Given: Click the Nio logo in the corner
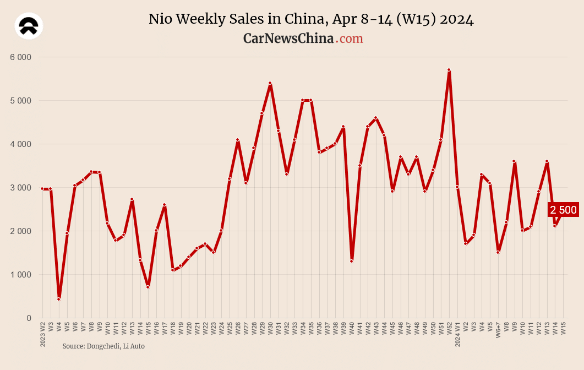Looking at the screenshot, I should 29,26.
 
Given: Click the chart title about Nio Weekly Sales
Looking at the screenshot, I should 311,19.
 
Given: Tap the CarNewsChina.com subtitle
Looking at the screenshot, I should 303,39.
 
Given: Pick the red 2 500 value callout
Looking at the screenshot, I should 563,210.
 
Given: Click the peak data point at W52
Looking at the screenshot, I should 449,70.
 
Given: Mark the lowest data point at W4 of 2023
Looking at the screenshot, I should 58,299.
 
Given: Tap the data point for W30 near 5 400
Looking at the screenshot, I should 270,83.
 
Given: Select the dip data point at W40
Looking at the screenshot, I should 351,261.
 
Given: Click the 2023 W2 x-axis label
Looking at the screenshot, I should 43,334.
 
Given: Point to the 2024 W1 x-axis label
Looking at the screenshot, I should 457,334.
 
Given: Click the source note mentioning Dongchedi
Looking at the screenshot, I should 103,346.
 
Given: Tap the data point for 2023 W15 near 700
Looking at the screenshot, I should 148,287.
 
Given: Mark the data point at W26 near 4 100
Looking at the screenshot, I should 237,140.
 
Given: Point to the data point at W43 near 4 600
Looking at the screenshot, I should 375,118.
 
